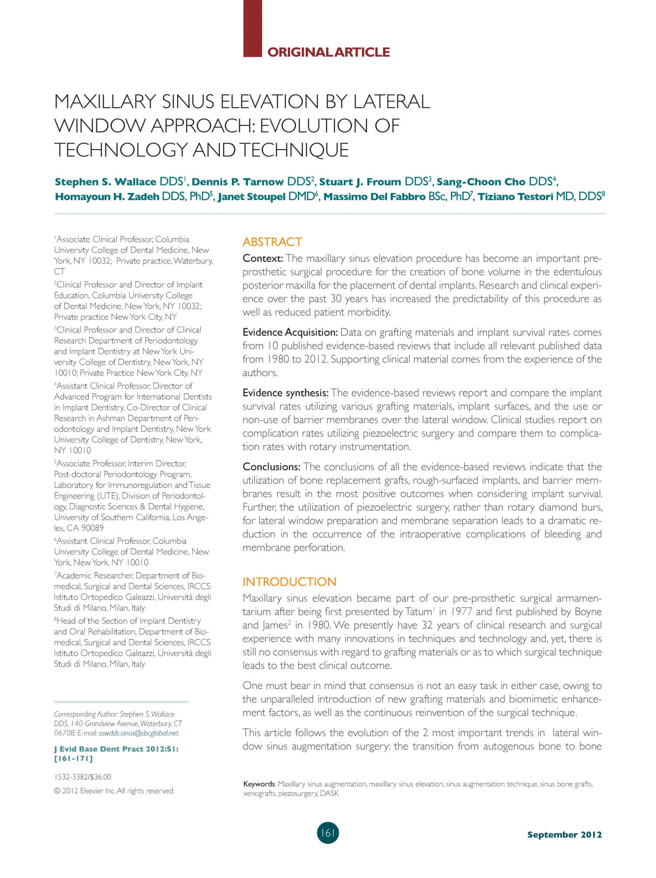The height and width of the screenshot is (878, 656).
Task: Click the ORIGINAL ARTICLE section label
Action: (328, 52)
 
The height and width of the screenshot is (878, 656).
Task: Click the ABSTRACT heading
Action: (272, 242)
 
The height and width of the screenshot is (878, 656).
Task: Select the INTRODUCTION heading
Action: (290, 581)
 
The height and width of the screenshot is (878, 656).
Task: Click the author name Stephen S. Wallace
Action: (105, 182)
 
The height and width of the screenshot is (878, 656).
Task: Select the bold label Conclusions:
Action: (272, 467)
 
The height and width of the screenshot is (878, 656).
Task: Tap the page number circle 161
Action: (328, 833)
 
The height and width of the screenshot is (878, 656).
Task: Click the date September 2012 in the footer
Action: (564, 835)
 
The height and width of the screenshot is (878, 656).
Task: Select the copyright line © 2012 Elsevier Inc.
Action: (114, 791)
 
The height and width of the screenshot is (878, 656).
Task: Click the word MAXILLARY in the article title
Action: (105, 102)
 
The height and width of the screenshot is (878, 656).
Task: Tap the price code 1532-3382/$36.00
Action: (83, 777)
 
